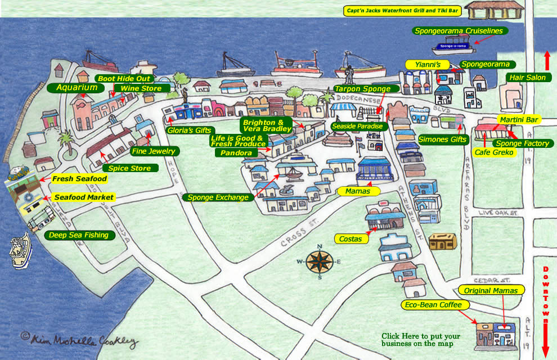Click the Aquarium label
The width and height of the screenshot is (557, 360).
click(76, 88)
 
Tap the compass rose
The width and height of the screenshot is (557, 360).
click(319, 261)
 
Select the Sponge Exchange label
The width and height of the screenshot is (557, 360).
click(218, 197)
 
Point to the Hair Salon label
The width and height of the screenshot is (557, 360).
click(527, 78)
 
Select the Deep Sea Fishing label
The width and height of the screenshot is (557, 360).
click(78, 235)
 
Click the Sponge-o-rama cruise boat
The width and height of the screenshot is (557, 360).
click(454, 46)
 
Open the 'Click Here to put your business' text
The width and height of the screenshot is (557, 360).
click(420, 339)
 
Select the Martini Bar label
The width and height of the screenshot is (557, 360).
click(518, 120)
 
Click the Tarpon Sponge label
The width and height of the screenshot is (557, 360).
click(366, 89)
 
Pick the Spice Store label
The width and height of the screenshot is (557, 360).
click(130, 168)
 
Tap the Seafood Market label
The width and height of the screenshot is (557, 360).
click(84, 197)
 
